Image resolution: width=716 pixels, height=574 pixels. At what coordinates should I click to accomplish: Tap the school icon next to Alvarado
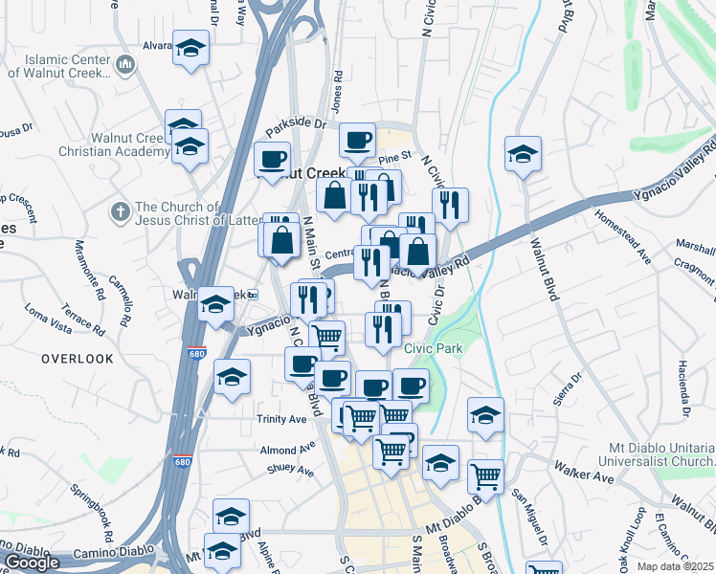pyautogui.click(x=191, y=48)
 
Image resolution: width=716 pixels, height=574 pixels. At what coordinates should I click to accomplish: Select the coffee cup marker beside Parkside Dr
pyautogui.click(x=358, y=142)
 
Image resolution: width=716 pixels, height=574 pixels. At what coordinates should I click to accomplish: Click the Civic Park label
pyautogui.click(x=434, y=349)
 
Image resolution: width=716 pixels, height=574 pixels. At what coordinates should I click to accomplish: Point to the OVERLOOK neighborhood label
pyautogui.click(x=78, y=359)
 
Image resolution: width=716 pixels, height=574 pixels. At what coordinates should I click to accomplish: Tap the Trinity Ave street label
pyautogui.click(x=281, y=419)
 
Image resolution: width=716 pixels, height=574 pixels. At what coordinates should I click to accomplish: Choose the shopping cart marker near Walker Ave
pyautogui.click(x=485, y=475)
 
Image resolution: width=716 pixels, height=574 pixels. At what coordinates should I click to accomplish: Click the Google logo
pyautogui.click(x=32, y=563)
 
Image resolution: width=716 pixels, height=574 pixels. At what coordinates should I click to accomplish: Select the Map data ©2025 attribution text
pyautogui.click(x=675, y=566)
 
